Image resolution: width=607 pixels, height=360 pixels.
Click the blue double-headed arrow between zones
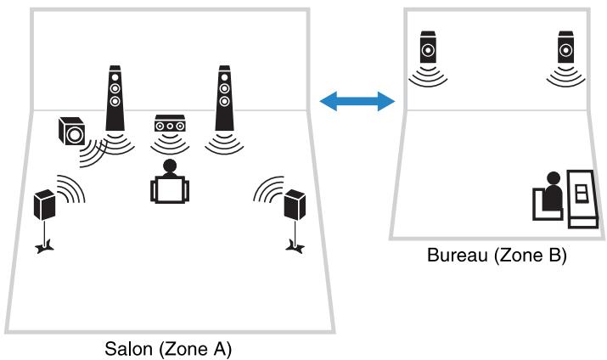(x=357, y=101)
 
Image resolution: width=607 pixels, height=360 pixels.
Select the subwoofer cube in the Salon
(x=71, y=132)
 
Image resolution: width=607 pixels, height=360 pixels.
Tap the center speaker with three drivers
(x=170, y=123)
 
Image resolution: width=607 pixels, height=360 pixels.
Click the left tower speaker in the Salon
(x=115, y=98)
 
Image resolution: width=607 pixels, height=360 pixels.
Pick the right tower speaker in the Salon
(x=224, y=98)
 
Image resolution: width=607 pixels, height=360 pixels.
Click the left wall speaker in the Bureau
(x=428, y=47)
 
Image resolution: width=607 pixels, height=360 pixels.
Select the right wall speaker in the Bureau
(x=565, y=47)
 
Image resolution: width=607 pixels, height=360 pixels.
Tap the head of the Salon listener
(x=170, y=166)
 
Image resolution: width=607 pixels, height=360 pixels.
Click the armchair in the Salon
(x=170, y=189)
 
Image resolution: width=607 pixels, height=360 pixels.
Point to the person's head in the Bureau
(x=554, y=178)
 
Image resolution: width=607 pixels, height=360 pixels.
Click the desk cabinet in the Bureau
(x=582, y=199)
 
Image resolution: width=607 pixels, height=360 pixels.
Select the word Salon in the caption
(x=128, y=349)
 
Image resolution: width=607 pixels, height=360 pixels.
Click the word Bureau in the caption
(x=458, y=255)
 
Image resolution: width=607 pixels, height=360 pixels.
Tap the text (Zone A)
(x=195, y=349)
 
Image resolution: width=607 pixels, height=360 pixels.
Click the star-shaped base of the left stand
(x=44, y=247)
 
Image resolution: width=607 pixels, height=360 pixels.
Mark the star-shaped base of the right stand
(x=295, y=247)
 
